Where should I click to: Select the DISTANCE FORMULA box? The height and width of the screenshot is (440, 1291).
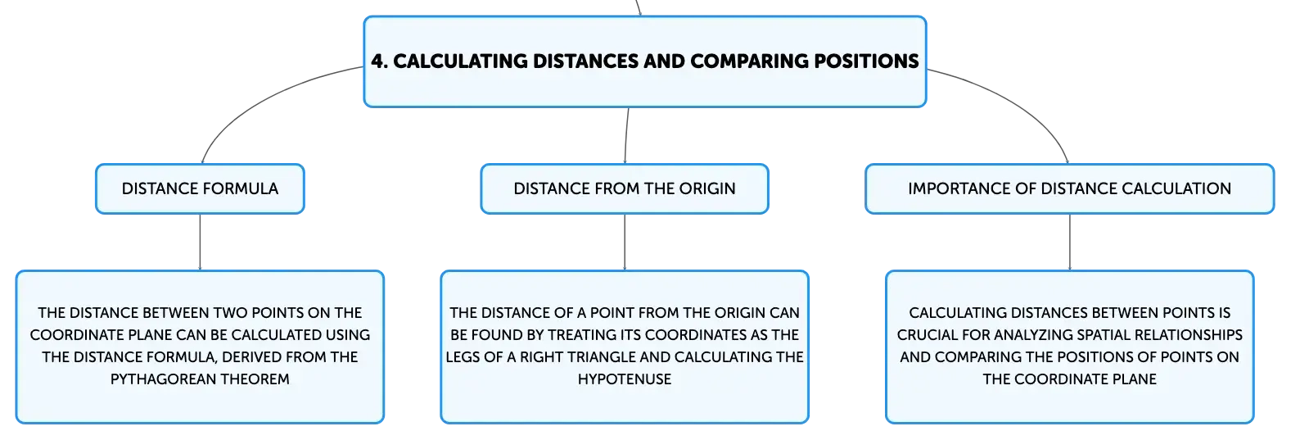[x=200, y=189]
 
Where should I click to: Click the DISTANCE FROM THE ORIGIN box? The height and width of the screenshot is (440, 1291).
[x=625, y=189]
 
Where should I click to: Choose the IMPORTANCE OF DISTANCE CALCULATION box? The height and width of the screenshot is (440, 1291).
[x=1070, y=189]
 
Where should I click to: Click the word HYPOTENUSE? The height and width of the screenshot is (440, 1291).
[x=625, y=379]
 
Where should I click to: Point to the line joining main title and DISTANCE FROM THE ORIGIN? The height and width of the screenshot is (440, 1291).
[x=626, y=135]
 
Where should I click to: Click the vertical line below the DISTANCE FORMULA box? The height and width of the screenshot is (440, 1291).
[x=200, y=243]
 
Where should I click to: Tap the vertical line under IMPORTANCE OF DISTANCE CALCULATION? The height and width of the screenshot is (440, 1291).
[x=1070, y=243]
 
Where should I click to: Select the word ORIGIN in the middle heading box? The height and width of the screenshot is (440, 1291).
[x=707, y=188]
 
